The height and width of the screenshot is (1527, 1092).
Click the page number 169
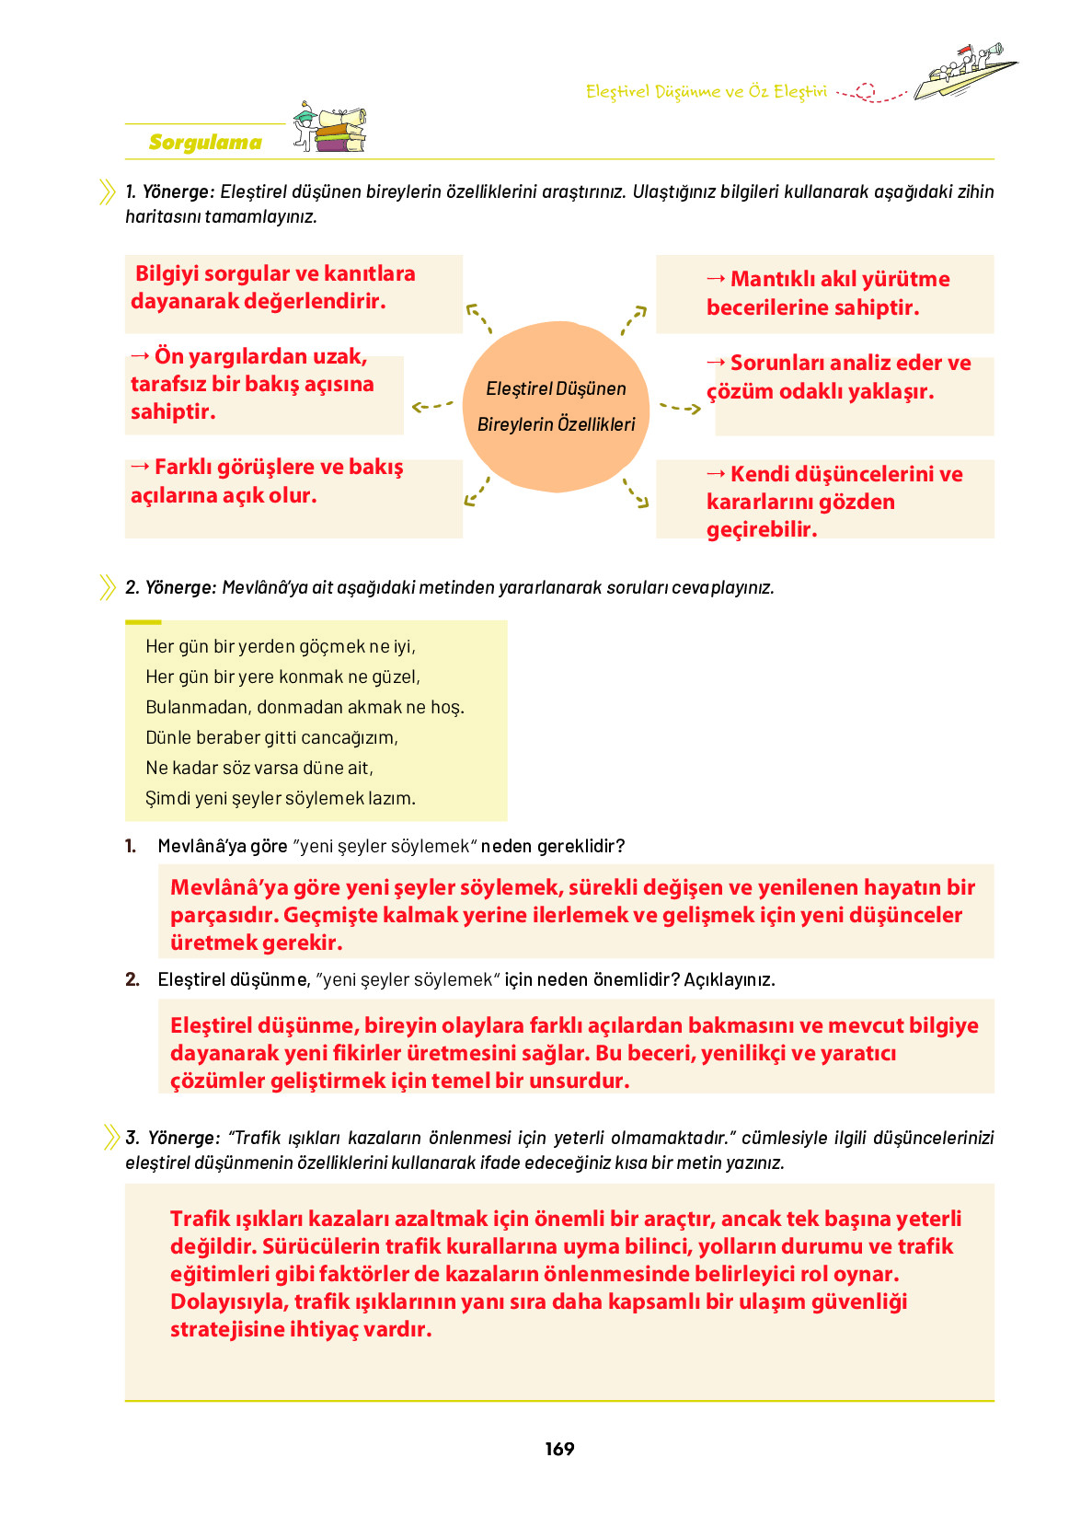(559, 1449)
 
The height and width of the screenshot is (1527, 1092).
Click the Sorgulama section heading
(205, 143)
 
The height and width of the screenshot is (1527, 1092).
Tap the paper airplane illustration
(966, 74)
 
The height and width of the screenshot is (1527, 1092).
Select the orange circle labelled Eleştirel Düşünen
(556, 406)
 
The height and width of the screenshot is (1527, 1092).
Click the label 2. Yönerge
(171, 587)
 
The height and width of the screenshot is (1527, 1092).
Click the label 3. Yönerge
(173, 1138)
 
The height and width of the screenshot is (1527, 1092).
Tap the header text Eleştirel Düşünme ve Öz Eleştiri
(706, 91)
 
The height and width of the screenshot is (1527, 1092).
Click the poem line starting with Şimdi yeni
(281, 798)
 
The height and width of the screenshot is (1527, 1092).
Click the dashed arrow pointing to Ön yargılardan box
(432, 405)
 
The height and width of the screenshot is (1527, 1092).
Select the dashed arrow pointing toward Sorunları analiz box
(680, 407)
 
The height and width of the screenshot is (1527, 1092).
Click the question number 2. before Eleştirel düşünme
(132, 979)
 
